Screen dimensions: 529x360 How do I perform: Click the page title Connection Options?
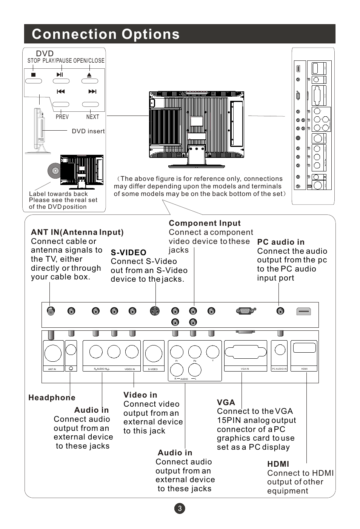[106, 34]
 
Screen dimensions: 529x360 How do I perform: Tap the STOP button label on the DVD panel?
[34, 60]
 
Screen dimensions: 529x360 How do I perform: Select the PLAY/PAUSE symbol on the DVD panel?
[60, 75]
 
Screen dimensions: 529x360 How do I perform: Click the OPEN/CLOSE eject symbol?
[89, 75]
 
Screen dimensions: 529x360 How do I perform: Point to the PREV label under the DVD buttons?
[62, 117]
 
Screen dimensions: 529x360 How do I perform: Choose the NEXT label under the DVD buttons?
[92, 117]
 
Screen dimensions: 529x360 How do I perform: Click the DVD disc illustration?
[54, 171]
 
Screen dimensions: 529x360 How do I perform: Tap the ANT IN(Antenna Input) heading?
[77, 232]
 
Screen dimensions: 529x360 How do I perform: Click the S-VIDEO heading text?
[128, 252]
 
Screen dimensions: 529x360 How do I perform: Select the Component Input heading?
[205, 223]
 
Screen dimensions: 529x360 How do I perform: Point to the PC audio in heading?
[280, 242]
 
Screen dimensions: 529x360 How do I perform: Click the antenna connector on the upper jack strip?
[51, 311]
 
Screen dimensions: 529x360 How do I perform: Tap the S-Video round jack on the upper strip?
[155, 311]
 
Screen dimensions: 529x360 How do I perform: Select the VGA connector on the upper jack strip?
[245, 311]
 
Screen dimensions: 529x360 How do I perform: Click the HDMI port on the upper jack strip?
[303, 311]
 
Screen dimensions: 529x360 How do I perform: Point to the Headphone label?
[52, 398]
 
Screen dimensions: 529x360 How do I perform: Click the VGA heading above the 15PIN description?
[226, 403]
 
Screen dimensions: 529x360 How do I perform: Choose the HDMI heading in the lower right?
[278, 464]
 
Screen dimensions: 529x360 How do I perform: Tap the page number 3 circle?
[180, 508]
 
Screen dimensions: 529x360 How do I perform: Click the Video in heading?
[140, 395]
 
